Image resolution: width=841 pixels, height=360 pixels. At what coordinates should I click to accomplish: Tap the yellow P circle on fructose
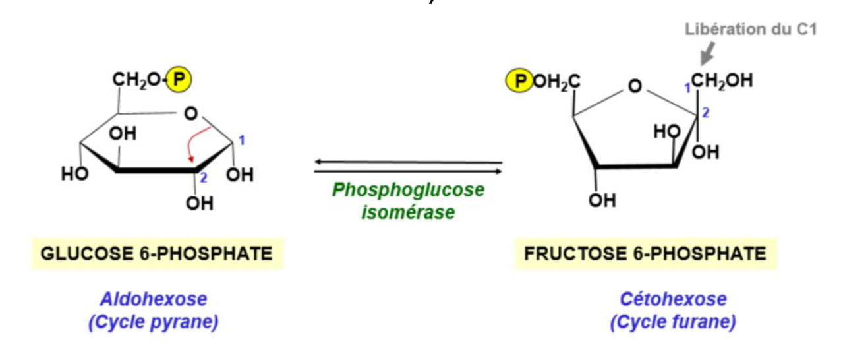pyautogui.click(x=518, y=82)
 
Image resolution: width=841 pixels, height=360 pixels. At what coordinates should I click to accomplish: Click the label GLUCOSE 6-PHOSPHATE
pyautogui.click(x=157, y=254)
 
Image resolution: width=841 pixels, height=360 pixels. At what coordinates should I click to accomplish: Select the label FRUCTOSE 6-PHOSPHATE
pyautogui.click(x=645, y=254)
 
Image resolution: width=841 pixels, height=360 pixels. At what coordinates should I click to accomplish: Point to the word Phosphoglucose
pyautogui.click(x=408, y=191)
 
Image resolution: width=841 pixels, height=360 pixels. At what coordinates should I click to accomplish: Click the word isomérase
pyautogui.click(x=408, y=212)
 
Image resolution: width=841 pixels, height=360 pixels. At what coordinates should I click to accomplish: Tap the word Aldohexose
pyautogui.click(x=154, y=300)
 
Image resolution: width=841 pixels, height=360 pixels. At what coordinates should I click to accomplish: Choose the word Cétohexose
pyautogui.click(x=673, y=300)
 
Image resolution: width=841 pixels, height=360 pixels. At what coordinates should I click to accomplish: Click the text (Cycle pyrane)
pyautogui.click(x=154, y=323)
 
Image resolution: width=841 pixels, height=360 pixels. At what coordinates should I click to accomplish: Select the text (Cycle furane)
pyautogui.click(x=673, y=323)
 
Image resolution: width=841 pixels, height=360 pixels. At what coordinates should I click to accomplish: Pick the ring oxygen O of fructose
pyautogui.click(x=634, y=86)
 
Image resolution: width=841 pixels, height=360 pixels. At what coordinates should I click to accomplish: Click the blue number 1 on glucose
pyautogui.click(x=242, y=140)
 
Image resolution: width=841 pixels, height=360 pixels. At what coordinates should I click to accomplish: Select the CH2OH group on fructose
pyautogui.click(x=722, y=82)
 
